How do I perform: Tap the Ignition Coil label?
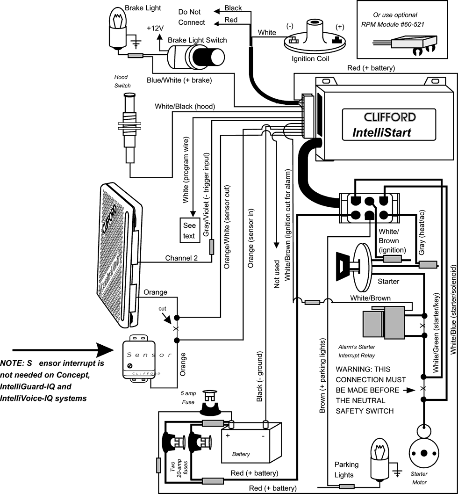(x=310, y=59)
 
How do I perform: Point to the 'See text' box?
(x=189, y=231)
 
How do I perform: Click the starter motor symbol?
(x=424, y=453)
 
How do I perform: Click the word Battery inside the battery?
(x=241, y=454)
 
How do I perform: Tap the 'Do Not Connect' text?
(x=192, y=17)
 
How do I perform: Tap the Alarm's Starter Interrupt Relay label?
(x=356, y=350)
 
